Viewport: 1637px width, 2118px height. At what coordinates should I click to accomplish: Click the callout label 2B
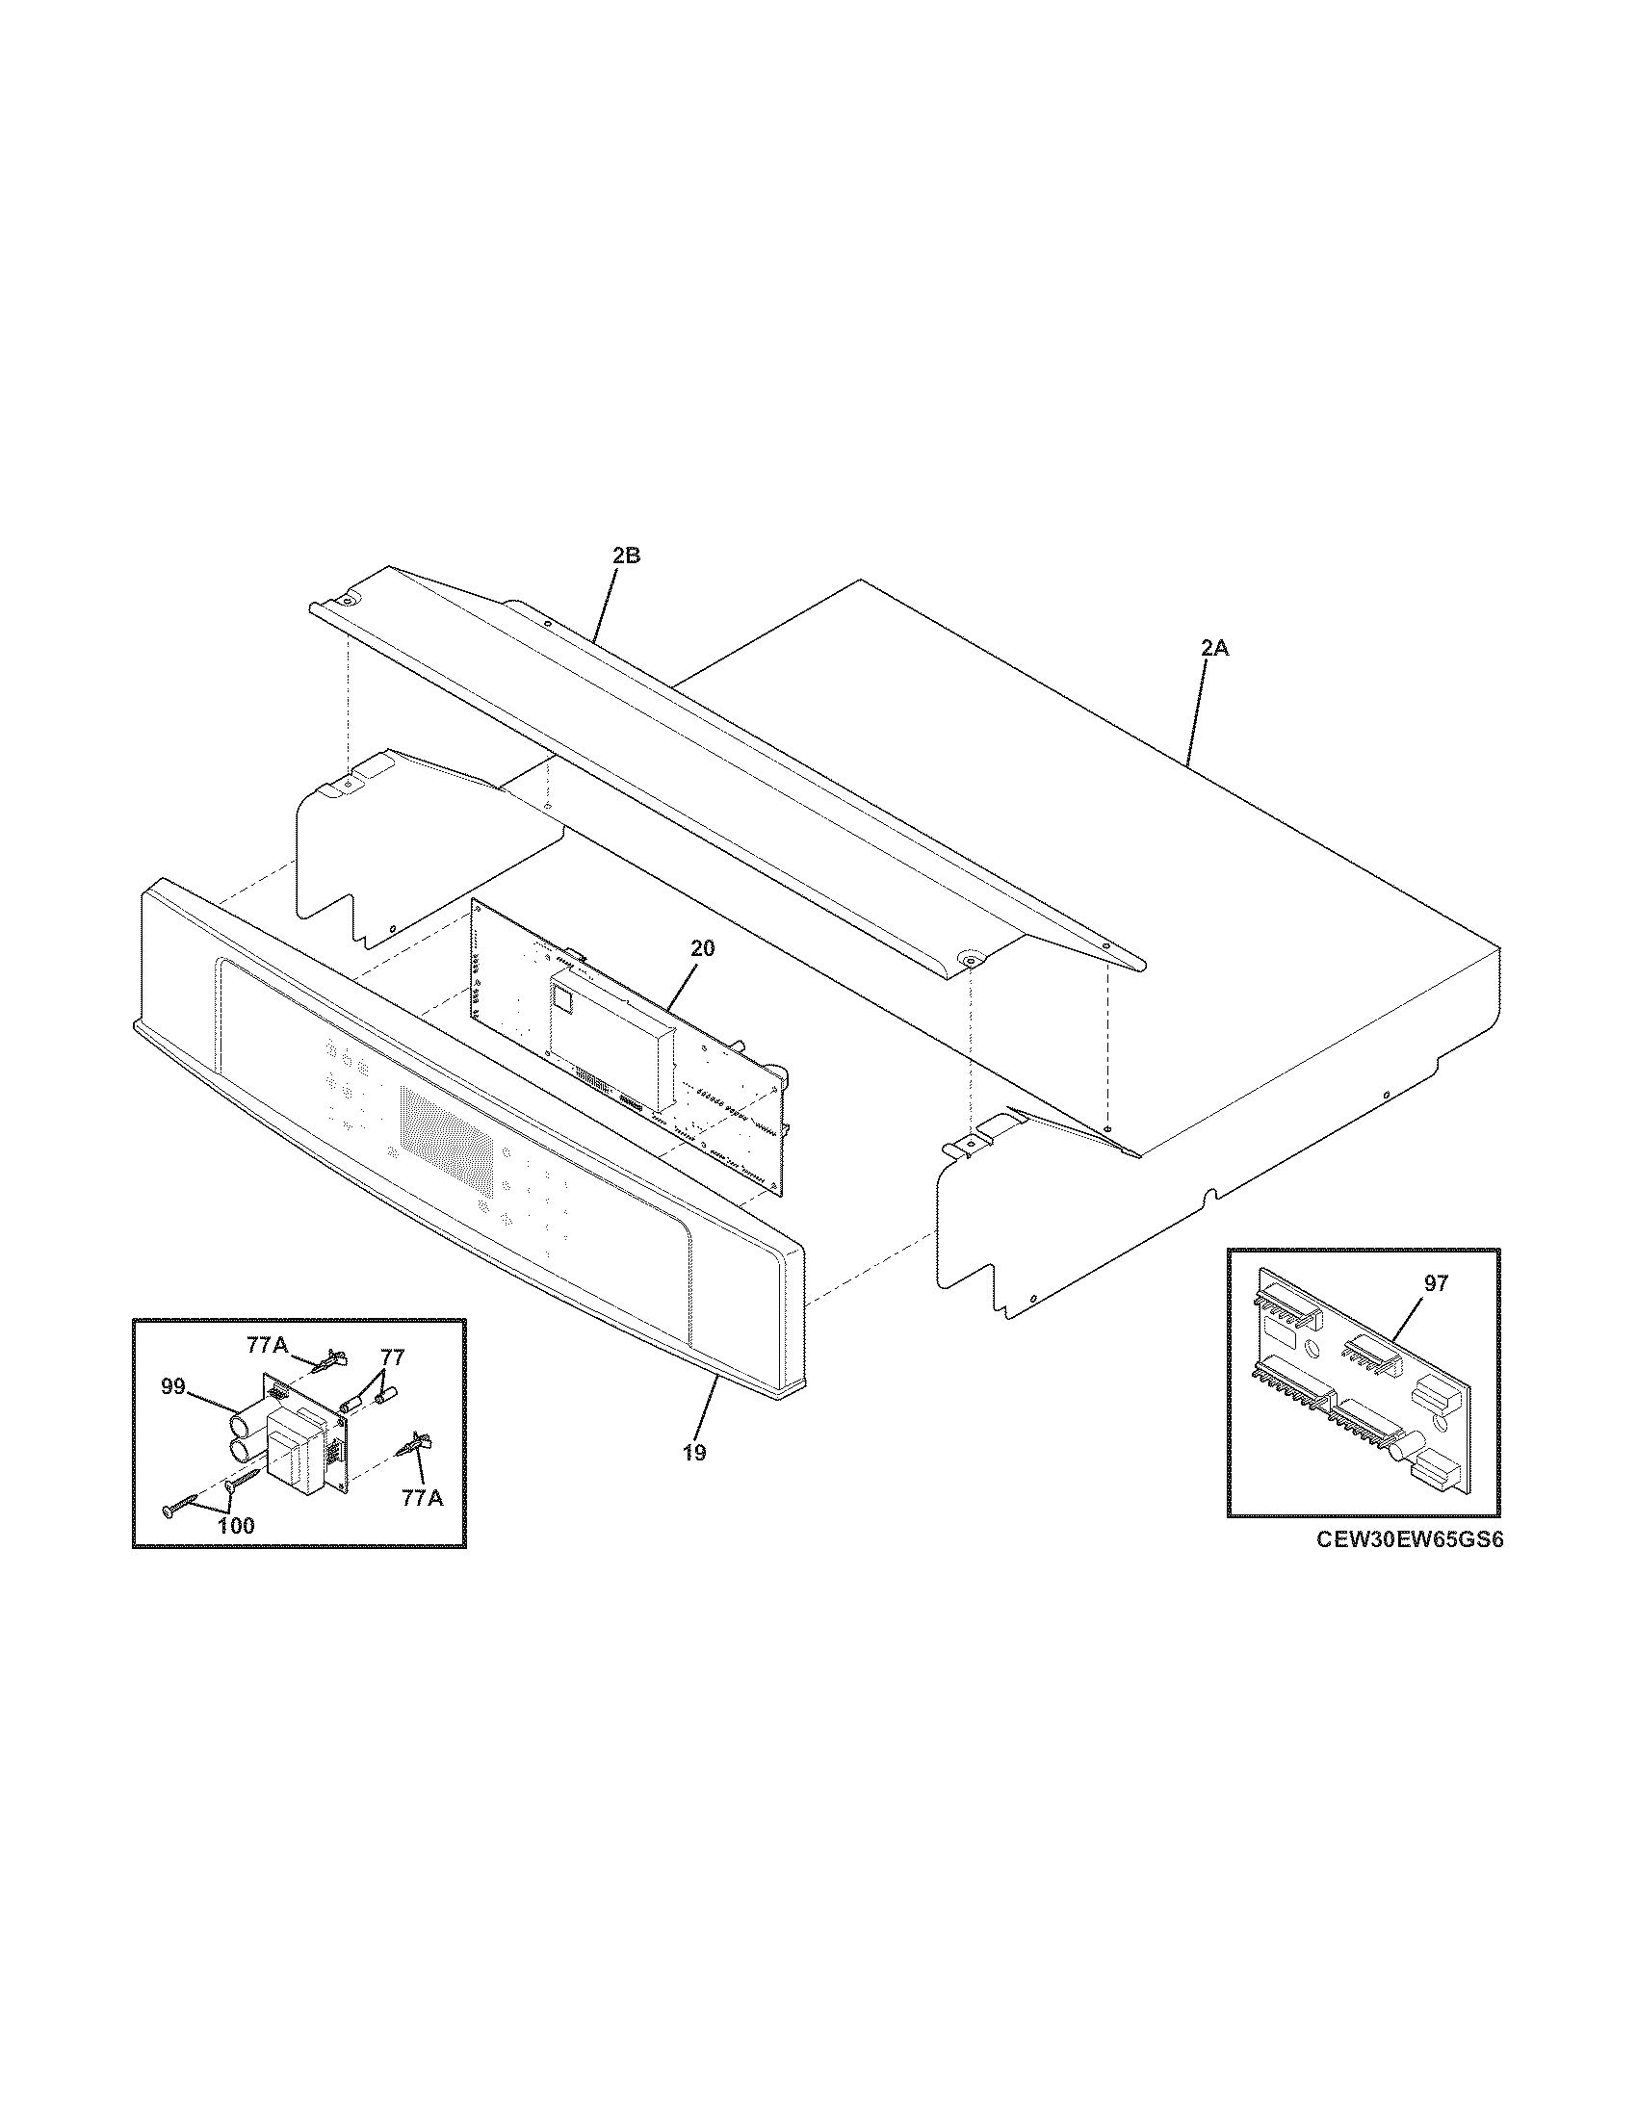click(x=626, y=556)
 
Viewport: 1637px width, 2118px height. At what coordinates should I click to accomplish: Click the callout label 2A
click(x=1214, y=649)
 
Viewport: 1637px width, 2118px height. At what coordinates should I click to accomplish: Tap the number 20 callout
click(x=702, y=948)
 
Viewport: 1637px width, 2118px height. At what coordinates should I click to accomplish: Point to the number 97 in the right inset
click(x=1436, y=1283)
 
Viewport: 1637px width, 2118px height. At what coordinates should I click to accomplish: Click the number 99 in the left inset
click(x=172, y=1387)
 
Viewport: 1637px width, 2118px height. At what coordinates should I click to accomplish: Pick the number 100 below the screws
click(x=236, y=1526)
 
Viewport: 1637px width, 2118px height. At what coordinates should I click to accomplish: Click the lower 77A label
click(x=422, y=1498)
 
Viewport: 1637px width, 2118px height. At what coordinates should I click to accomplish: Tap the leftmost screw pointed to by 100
click(x=170, y=1511)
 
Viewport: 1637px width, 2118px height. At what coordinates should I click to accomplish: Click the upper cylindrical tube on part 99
click(x=244, y=1426)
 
